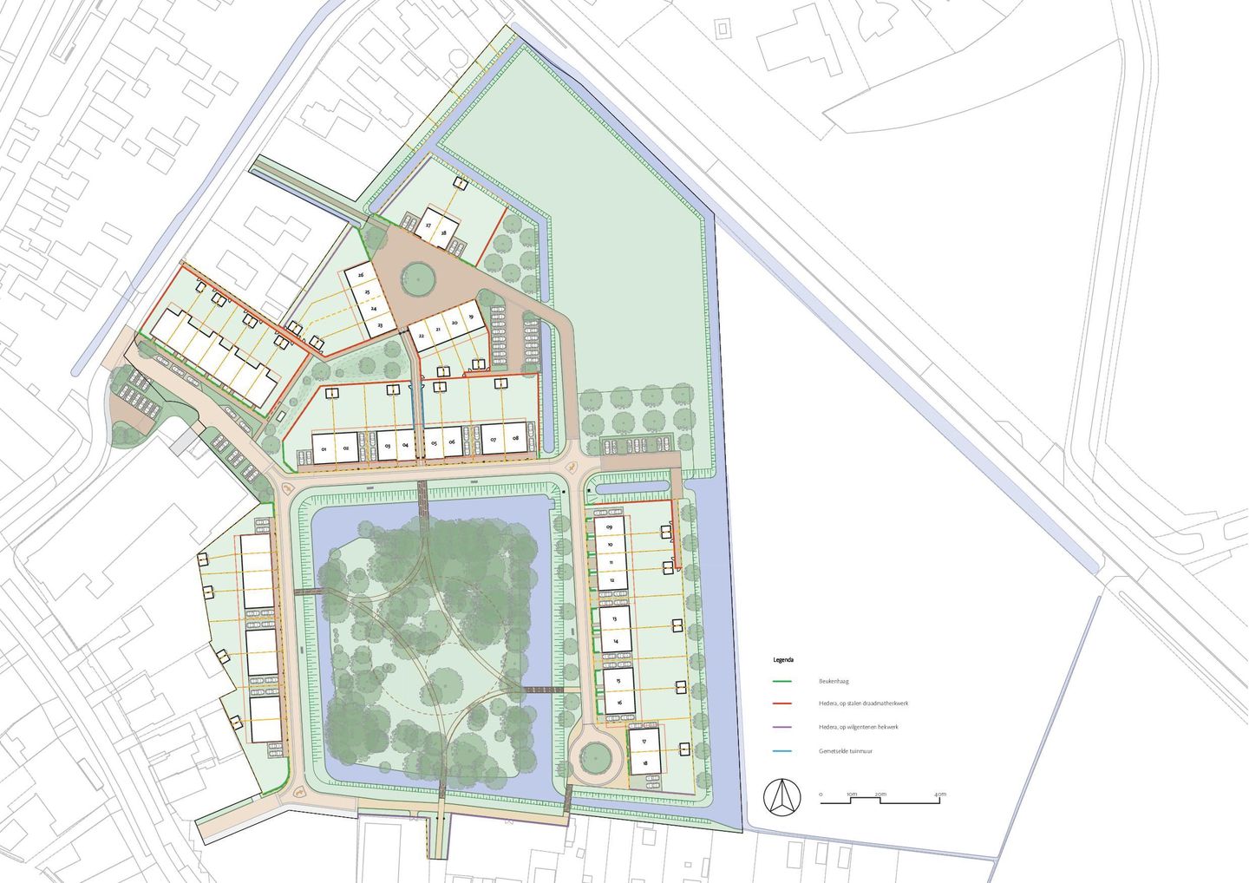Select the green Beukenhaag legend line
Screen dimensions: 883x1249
point(785,681)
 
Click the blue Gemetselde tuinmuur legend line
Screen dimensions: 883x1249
point(785,750)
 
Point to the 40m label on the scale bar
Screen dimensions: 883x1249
point(940,794)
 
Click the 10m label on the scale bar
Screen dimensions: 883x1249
point(852,794)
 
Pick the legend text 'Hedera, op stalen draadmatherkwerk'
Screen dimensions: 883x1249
point(863,703)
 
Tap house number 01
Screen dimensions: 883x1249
point(323,449)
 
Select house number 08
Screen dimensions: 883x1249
point(516,440)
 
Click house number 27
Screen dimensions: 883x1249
point(428,226)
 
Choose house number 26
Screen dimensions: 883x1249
point(361,275)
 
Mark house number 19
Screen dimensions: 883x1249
point(471,317)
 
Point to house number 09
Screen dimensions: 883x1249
point(611,527)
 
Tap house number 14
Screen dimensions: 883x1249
point(616,641)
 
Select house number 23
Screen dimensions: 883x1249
point(380,324)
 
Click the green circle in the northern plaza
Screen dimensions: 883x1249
point(417,278)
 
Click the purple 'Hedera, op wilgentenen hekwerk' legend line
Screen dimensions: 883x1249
point(785,727)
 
